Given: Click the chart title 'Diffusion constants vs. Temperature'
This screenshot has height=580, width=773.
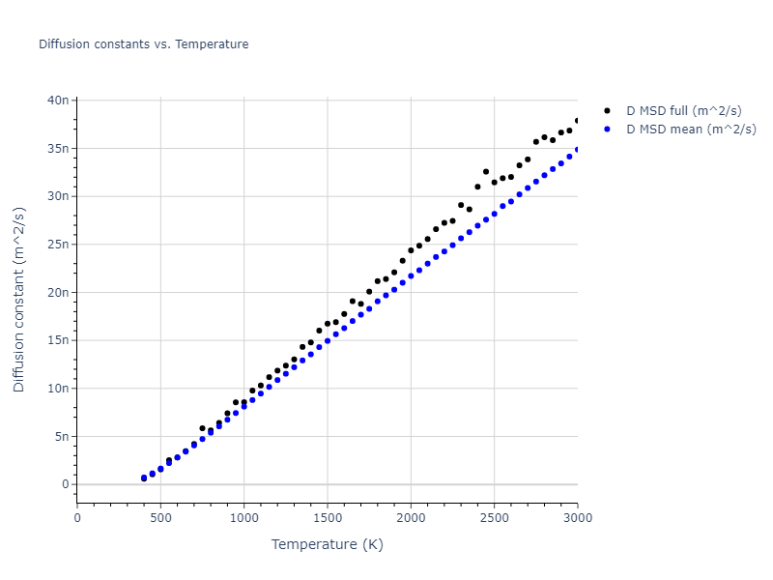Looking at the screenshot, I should (x=143, y=44).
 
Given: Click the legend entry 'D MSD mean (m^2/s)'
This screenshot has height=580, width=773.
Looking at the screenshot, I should (x=691, y=129).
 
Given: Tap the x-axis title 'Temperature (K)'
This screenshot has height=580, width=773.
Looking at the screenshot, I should (x=327, y=544).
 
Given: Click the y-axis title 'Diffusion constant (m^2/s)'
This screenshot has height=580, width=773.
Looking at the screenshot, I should (x=19, y=300).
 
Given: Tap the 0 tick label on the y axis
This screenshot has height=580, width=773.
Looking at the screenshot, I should (x=65, y=484).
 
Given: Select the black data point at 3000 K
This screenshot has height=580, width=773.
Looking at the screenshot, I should (x=578, y=121).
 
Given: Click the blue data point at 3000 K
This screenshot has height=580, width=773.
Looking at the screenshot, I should (x=578, y=150).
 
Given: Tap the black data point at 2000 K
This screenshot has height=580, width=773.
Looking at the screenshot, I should (x=411, y=250).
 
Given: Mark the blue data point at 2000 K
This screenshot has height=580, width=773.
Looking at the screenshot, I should (x=411, y=275).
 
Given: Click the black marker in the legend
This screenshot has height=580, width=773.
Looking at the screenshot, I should (x=607, y=111).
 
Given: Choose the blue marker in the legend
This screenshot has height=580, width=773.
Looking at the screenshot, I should (x=607, y=129).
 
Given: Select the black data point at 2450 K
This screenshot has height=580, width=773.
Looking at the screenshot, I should (x=486, y=172).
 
